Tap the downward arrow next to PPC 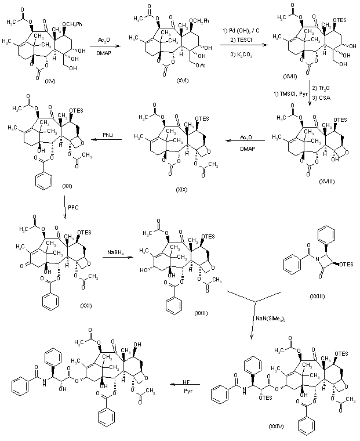tap(65, 208)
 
